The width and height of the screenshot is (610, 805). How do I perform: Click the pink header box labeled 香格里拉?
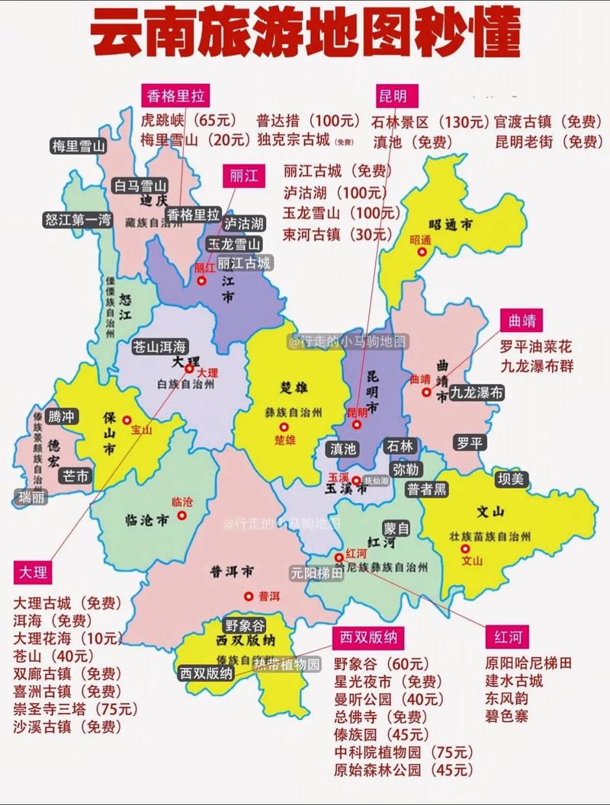(x=176, y=95)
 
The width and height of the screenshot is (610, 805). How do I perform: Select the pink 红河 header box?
(x=507, y=637)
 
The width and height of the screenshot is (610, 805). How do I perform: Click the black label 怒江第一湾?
(x=78, y=220)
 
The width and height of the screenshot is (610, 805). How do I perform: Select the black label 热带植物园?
(x=287, y=663)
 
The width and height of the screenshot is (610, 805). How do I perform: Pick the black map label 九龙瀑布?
(x=477, y=393)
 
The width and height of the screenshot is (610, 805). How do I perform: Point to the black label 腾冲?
(x=62, y=417)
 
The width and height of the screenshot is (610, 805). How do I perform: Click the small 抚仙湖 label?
(x=376, y=481)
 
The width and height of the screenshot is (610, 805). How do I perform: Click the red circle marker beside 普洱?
(x=249, y=596)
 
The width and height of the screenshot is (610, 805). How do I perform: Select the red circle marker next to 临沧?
(x=182, y=516)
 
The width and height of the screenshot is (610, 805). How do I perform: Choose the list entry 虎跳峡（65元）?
(x=189, y=120)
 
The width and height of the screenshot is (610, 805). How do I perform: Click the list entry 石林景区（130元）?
(x=430, y=121)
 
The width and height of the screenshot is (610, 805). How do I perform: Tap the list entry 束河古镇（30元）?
(x=335, y=234)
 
